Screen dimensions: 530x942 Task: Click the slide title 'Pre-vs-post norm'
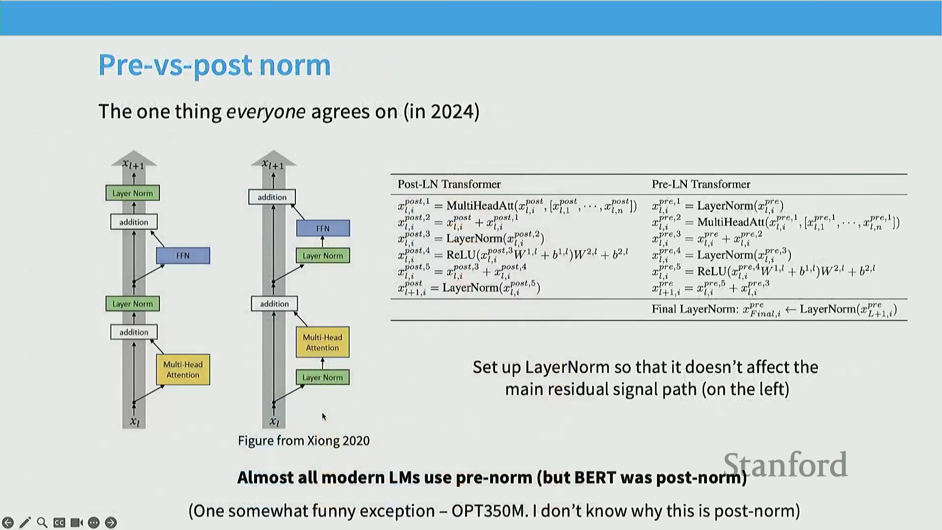coord(214,65)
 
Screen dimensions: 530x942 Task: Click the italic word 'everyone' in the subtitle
coord(265,112)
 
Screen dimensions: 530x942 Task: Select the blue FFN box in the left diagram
coord(183,256)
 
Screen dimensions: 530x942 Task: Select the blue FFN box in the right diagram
coord(323,228)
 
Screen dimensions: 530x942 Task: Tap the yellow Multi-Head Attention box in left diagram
coord(183,370)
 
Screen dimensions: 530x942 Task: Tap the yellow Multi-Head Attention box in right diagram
coord(322,343)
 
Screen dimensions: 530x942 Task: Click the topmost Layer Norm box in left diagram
coord(132,193)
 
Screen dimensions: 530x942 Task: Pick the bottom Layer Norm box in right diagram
coord(322,377)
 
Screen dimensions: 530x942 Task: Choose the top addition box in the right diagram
coord(272,197)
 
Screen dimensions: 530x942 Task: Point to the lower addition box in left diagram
coord(133,332)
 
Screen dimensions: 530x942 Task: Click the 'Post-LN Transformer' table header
coord(449,184)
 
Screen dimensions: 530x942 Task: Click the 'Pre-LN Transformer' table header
coord(701,184)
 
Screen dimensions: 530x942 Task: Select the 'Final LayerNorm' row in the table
coord(774,310)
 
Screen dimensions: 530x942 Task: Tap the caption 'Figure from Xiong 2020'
coord(304,441)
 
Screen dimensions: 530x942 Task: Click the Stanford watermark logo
coord(785,465)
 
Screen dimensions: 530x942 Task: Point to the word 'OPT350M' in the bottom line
coord(488,511)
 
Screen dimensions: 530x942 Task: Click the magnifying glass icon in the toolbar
coord(42,523)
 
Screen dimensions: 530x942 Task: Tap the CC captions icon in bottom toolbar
coord(59,523)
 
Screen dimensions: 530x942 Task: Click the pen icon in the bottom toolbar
coord(25,523)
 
